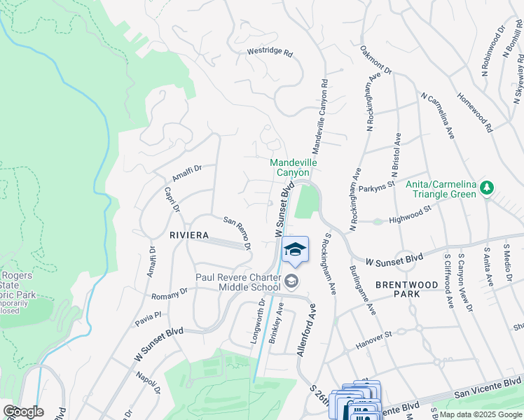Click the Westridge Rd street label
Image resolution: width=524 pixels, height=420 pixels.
tap(270, 52)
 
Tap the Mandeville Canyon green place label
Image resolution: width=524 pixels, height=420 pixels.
tap(294, 167)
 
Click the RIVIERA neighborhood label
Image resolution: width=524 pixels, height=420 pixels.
tap(189, 236)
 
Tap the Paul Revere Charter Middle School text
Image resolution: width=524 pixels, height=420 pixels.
tap(238, 282)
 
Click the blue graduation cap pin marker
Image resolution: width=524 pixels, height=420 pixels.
tap(295, 250)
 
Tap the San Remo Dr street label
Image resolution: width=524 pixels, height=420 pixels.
tap(237, 232)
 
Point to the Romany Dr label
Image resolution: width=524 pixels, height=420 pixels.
tap(174, 290)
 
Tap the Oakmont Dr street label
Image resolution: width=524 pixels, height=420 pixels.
tap(376, 61)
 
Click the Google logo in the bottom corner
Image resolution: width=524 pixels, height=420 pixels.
tap(24, 412)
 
